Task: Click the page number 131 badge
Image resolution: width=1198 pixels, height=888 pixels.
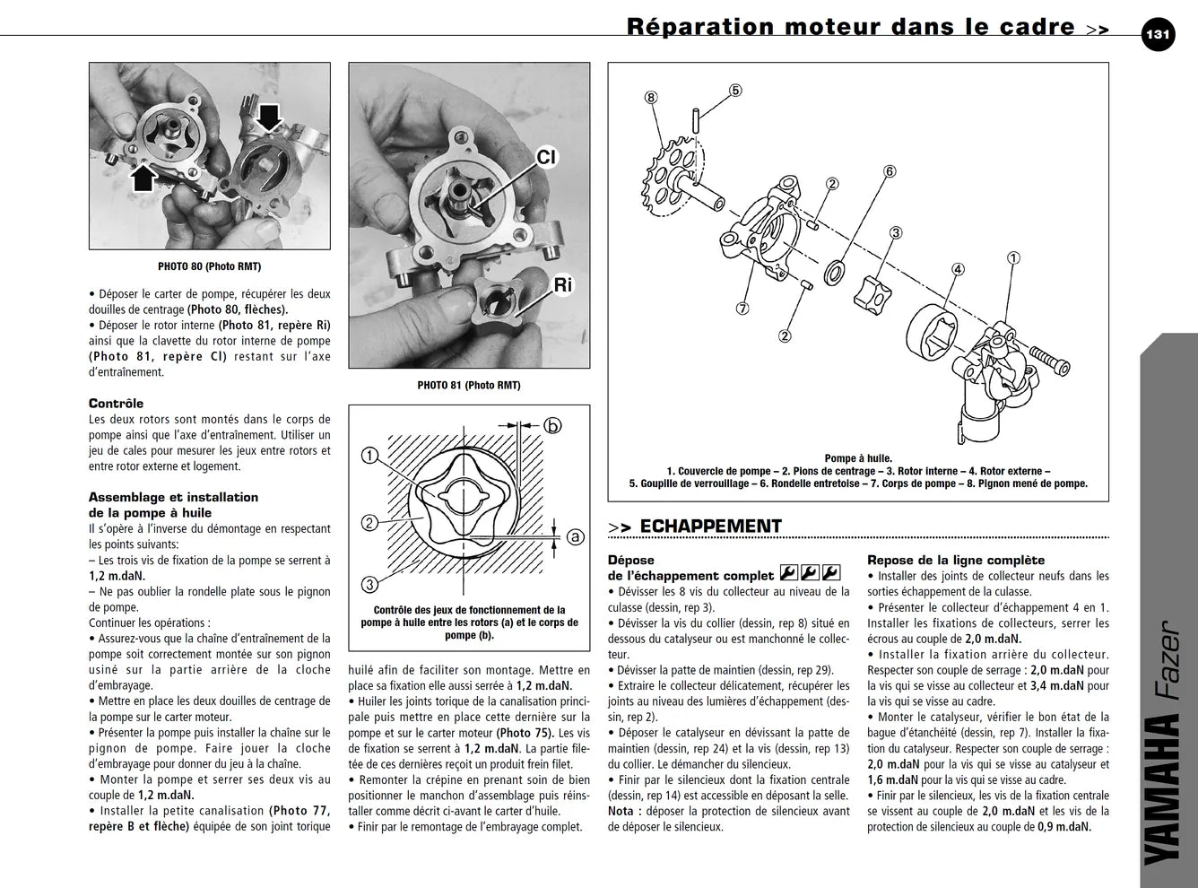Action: [x=1158, y=35]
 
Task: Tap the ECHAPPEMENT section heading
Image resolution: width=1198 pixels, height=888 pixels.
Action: [x=710, y=527]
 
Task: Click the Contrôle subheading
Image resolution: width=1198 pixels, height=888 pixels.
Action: [x=117, y=404]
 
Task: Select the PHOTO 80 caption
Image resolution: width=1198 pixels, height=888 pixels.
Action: [x=210, y=266]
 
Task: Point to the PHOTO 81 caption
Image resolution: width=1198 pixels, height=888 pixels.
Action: [x=469, y=386]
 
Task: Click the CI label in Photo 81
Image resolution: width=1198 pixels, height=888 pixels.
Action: [x=545, y=157]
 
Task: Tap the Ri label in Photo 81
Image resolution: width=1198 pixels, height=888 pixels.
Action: [x=563, y=285]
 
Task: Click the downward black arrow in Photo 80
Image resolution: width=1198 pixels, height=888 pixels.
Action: [x=268, y=118]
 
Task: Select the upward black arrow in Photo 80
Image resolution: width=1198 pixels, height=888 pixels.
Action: [x=143, y=178]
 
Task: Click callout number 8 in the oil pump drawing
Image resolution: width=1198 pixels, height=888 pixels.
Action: [x=651, y=97]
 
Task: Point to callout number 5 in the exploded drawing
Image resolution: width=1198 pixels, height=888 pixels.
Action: [x=735, y=91]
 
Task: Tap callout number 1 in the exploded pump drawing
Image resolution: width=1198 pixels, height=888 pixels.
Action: [x=1013, y=258]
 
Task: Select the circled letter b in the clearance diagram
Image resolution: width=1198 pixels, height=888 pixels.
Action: [x=552, y=426]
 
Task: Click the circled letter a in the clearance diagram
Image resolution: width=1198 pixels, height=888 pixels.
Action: [x=575, y=537]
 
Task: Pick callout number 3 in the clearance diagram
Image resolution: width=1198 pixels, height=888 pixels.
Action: [x=369, y=585]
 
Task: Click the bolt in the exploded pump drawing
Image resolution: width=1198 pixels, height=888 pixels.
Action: [x=1049, y=360]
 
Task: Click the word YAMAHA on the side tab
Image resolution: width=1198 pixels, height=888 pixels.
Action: [x=1163, y=789]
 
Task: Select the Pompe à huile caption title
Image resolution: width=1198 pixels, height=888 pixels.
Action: [x=858, y=458]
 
